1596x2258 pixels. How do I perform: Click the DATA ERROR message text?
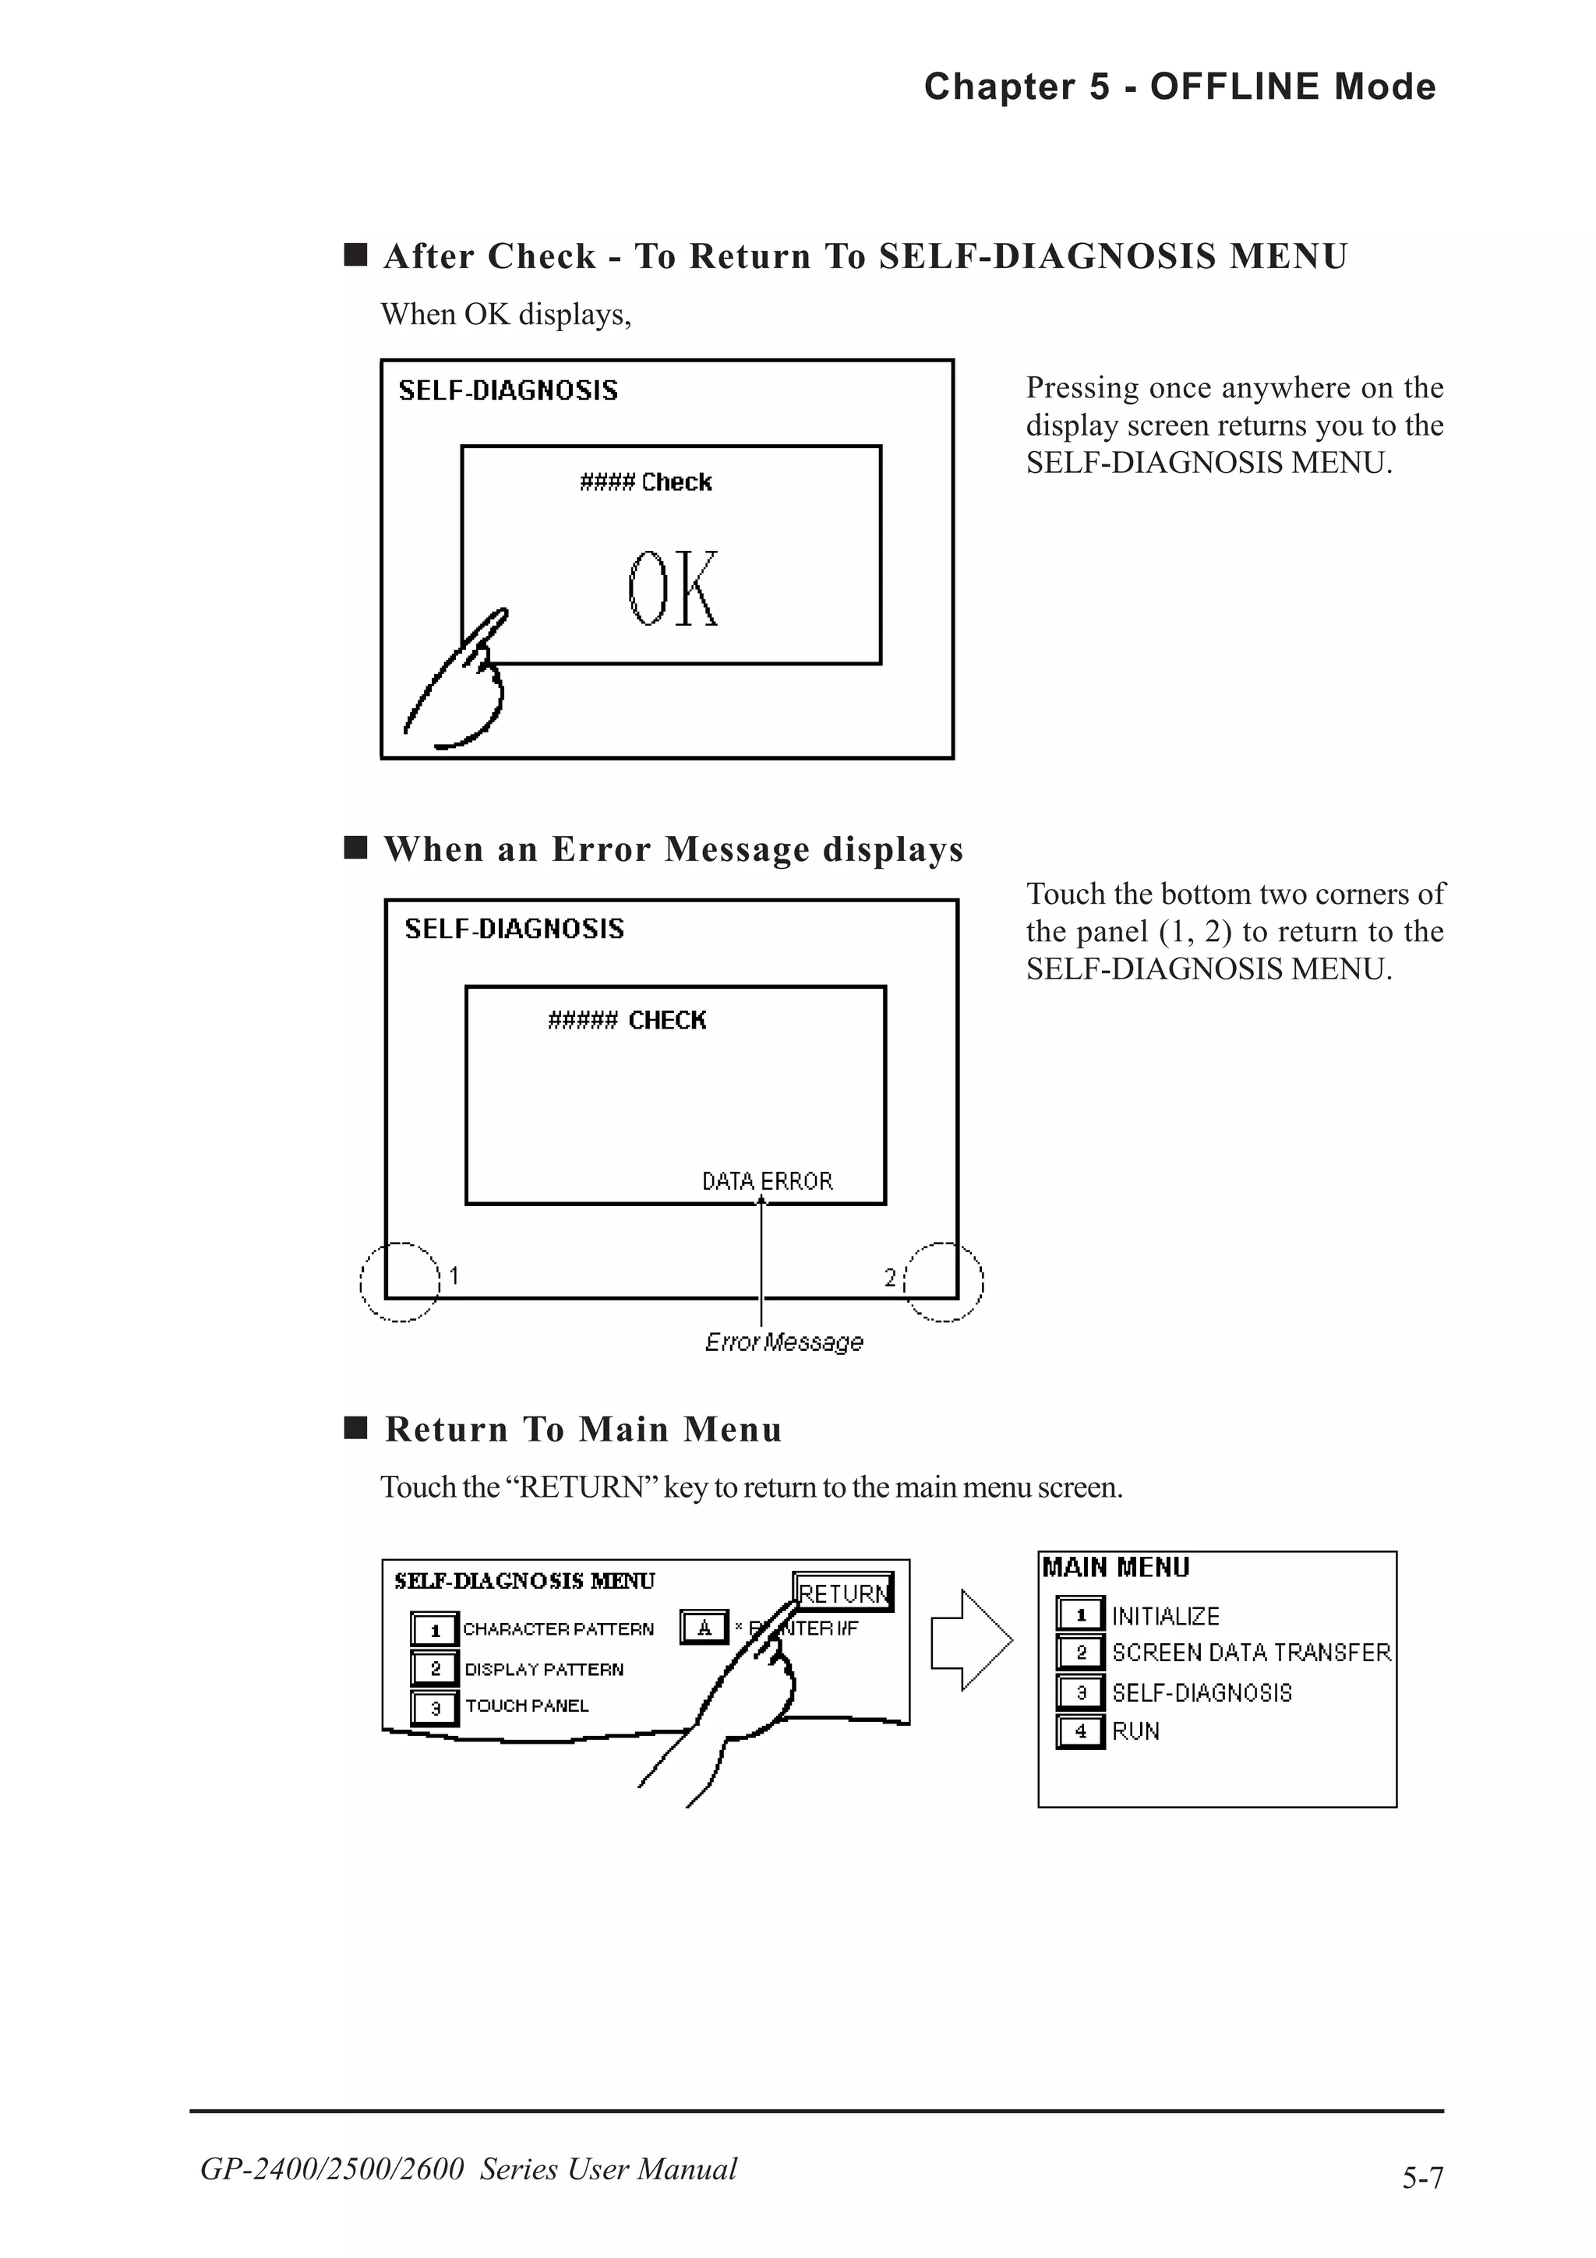(767, 1181)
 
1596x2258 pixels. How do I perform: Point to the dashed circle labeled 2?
(943, 1282)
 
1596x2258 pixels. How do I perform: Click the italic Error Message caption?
(784, 1342)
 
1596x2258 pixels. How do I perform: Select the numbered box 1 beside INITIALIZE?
(1081, 1614)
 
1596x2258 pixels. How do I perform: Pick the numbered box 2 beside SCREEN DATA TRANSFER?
(1081, 1652)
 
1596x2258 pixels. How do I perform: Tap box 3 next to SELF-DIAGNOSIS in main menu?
(1081, 1692)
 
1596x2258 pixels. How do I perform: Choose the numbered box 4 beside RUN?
(1081, 1731)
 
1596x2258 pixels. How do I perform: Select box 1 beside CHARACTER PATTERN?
(435, 1629)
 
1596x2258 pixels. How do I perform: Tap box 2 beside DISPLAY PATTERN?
(435, 1669)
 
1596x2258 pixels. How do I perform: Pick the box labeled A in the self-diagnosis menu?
(704, 1628)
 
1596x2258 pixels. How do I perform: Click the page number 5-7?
(1422, 2179)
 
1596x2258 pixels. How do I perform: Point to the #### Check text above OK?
(645, 482)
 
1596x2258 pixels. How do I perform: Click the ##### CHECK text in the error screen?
(627, 1021)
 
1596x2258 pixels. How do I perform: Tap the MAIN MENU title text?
(1116, 1568)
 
